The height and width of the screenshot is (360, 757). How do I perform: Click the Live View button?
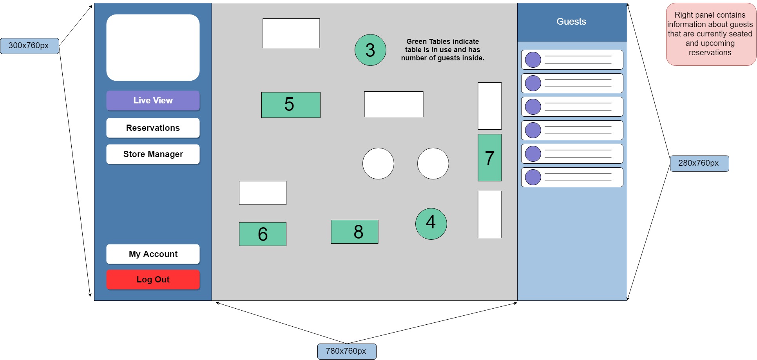153,101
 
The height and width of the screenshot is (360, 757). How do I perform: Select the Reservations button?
153,128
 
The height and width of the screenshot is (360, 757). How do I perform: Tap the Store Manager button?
153,154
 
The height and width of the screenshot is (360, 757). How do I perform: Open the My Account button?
153,254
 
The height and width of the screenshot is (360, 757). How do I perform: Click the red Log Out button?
153,280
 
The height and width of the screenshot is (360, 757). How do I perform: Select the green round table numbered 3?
370,50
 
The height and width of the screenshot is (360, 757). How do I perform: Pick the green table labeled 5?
291,105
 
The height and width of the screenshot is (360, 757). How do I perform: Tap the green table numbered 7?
489,157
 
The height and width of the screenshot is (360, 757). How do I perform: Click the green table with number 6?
263,234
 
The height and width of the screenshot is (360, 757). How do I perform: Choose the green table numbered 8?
354,232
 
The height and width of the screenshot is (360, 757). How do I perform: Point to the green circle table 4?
431,224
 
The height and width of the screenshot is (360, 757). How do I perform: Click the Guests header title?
571,22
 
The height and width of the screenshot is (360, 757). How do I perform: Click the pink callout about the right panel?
710,34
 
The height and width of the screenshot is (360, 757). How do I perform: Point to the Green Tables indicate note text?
442,50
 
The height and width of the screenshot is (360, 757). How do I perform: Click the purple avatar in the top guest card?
533,60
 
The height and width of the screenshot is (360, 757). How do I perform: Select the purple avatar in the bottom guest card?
533,177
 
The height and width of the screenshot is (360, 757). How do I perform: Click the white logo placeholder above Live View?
153,48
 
